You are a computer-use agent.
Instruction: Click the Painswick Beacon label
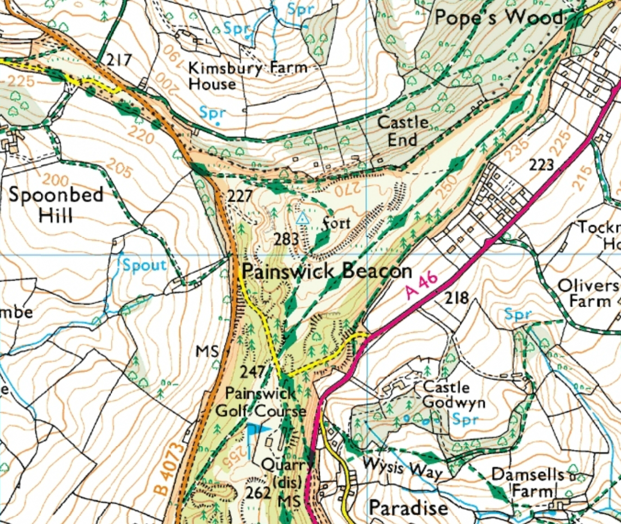click(326, 271)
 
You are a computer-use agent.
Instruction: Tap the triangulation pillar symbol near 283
click(302, 219)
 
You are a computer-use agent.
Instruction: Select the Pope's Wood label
click(498, 18)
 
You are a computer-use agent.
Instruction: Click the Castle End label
click(403, 131)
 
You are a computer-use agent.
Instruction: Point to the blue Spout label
click(144, 265)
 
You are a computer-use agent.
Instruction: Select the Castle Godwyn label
click(446, 395)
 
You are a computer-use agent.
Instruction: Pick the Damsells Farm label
click(526, 482)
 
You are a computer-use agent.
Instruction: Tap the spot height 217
click(119, 59)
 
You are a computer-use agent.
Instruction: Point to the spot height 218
click(457, 298)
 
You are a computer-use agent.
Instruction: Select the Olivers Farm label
click(592, 294)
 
